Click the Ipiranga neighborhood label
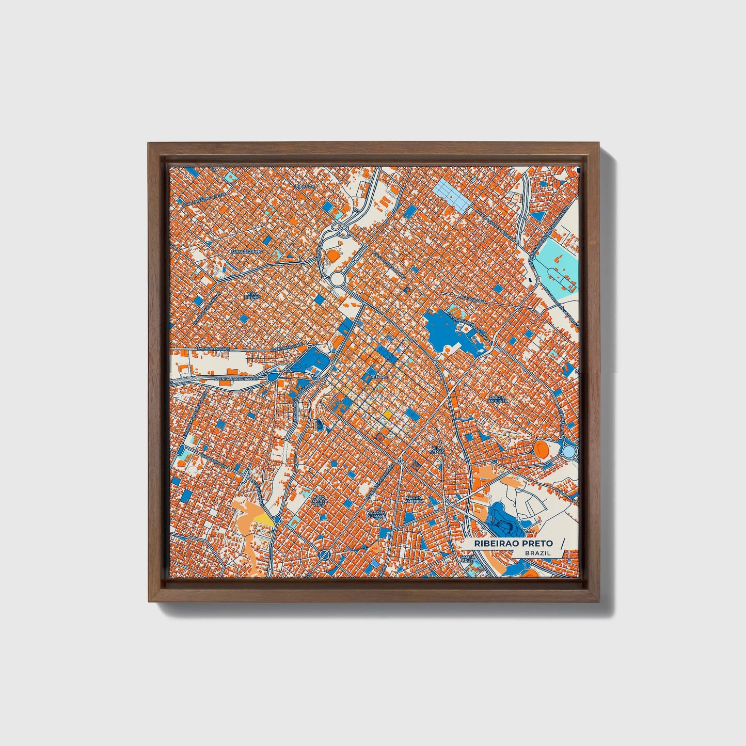point(304,186)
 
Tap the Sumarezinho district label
point(247,251)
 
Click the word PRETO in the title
point(537,543)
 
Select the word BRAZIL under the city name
point(537,553)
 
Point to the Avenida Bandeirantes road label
point(235,378)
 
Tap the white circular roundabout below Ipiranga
point(338,280)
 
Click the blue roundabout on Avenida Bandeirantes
point(272,378)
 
